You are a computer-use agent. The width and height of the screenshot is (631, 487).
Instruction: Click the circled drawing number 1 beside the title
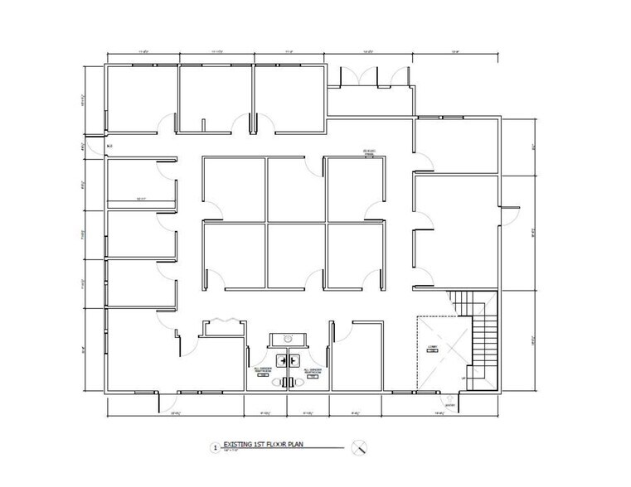pyautogui.click(x=216, y=448)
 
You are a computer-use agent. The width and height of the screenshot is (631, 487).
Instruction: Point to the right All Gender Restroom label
pyautogui.click(x=313, y=371)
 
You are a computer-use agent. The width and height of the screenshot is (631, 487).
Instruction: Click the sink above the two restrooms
pyautogui.click(x=287, y=339)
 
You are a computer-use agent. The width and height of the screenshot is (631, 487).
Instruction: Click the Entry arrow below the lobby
pyautogui.click(x=449, y=403)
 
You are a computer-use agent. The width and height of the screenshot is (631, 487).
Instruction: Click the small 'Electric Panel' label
pyautogui.click(x=368, y=152)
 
